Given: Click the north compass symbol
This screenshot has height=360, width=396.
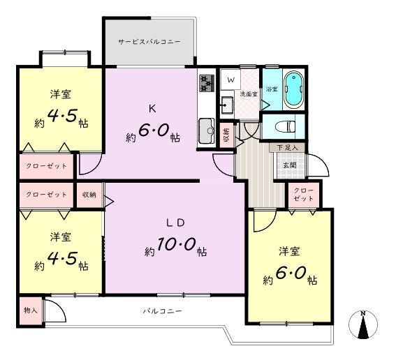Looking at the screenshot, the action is (x=363, y=324).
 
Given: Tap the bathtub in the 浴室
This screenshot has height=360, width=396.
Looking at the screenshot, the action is (x=293, y=89).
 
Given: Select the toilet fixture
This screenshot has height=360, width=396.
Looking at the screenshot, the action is (x=286, y=126).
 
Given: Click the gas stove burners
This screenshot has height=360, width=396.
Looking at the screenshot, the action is (x=207, y=83).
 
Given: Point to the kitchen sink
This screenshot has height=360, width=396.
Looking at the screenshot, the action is (x=207, y=130).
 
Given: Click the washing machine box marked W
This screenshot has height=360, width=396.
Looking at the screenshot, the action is (x=230, y=80).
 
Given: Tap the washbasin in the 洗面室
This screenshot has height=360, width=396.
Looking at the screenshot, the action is (x=227, y=104).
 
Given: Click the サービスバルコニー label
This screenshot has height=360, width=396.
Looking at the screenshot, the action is (x=149, y=42).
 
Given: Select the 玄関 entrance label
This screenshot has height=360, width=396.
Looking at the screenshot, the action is (x=290, y=165).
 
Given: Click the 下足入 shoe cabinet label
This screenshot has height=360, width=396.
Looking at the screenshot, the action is (x=287, y=148).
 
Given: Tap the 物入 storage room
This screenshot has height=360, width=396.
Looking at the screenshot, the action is (x=31, y=310).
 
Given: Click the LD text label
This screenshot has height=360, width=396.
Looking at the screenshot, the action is (x=175, y=223).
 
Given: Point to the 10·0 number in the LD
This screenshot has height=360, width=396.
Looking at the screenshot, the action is (x=177, y=244).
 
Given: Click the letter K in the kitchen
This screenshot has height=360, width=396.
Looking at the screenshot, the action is (x=152, y=109).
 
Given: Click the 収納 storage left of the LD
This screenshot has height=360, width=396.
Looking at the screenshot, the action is (x=89, y=195).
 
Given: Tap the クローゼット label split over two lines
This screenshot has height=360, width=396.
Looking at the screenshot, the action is (x=304, y=195).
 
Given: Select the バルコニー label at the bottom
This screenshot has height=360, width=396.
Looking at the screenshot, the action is (x=163, y=310).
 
